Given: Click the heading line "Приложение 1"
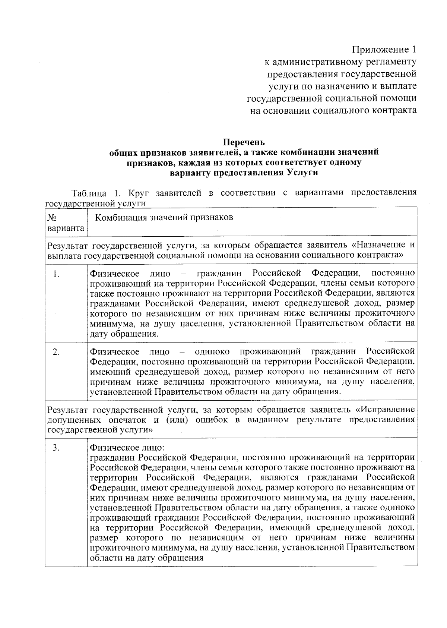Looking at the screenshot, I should click(x=384, y=50).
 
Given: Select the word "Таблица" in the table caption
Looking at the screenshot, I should click(x=89, y=193).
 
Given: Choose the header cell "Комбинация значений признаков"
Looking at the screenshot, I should click(x=164, y=217).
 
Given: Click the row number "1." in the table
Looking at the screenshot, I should click(x=57, y=275).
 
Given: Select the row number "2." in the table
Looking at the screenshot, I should click(x=57, y=352).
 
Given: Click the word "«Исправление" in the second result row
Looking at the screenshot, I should click(x=385, y=410).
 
